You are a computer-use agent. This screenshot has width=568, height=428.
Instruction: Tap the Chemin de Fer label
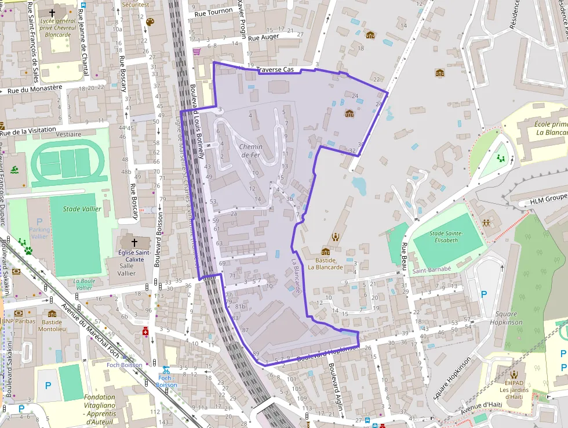(250, 151)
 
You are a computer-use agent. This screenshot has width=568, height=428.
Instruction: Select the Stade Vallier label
(82, 209)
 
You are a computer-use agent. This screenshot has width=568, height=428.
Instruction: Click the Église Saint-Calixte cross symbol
(134, 242)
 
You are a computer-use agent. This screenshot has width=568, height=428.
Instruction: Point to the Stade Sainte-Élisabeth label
(446, 238)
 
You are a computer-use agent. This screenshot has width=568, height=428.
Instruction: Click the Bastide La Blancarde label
(325, 264)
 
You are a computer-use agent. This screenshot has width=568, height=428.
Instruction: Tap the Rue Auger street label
(264, 37)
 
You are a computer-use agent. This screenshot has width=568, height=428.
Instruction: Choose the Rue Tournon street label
(213, 11)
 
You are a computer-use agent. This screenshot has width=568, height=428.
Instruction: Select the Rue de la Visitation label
(28, 131)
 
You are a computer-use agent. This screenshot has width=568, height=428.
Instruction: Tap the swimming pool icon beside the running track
(14, 171)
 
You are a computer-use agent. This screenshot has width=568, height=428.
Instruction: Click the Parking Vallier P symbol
(39, 222)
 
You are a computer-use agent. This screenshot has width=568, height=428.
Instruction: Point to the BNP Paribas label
(19, 321)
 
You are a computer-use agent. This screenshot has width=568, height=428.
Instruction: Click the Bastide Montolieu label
(52, 325)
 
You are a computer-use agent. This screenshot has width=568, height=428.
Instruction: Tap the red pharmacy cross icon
(145, 332)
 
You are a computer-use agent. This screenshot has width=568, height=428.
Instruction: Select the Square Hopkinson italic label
(506, 318)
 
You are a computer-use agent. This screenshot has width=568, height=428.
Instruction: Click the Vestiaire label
(70, 134)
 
